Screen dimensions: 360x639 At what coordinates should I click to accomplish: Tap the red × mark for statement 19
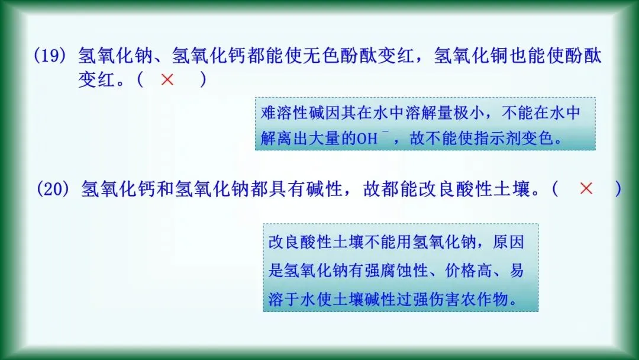click(x=167, y=80)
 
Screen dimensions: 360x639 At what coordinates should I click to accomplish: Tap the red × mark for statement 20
click(x=586, y=189)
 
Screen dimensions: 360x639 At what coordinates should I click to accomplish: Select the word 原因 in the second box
click(x=508, y=243)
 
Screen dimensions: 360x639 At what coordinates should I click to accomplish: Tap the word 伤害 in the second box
click(x=443, y=300)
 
